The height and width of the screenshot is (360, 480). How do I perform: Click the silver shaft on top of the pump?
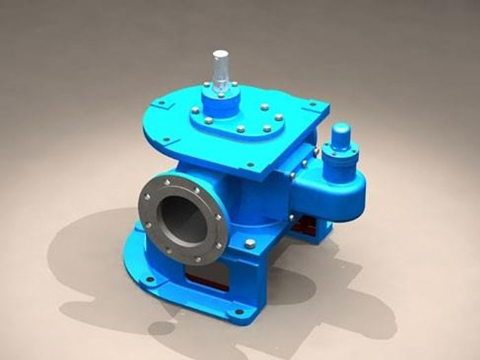coord(219,69)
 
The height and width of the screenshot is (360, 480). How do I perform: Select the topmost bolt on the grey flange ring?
coord(166,182)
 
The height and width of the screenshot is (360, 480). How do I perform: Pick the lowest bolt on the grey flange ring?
coord(200,259)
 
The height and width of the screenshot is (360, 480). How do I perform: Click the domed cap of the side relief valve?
coord(340,132)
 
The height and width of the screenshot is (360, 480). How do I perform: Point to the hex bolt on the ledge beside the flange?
coord(250,243)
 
